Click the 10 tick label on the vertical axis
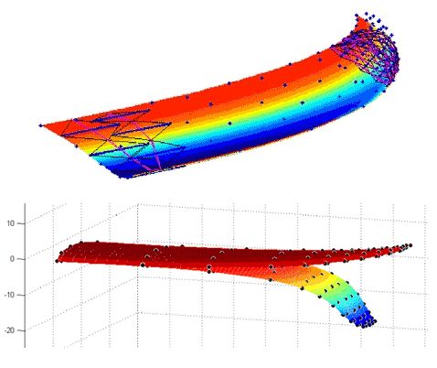point(11,223)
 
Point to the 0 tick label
point(12,259)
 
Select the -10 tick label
point(9,295)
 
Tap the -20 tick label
point(9,330)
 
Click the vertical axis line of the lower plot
point(25,276)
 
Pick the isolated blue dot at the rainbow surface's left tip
point(40,125)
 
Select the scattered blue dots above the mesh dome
point(373,23)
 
